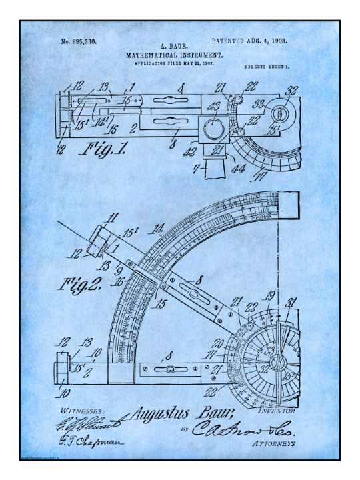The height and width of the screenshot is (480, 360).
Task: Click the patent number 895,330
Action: (x=79, y=42)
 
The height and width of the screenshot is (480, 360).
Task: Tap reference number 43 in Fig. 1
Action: (x=215, y=107)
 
